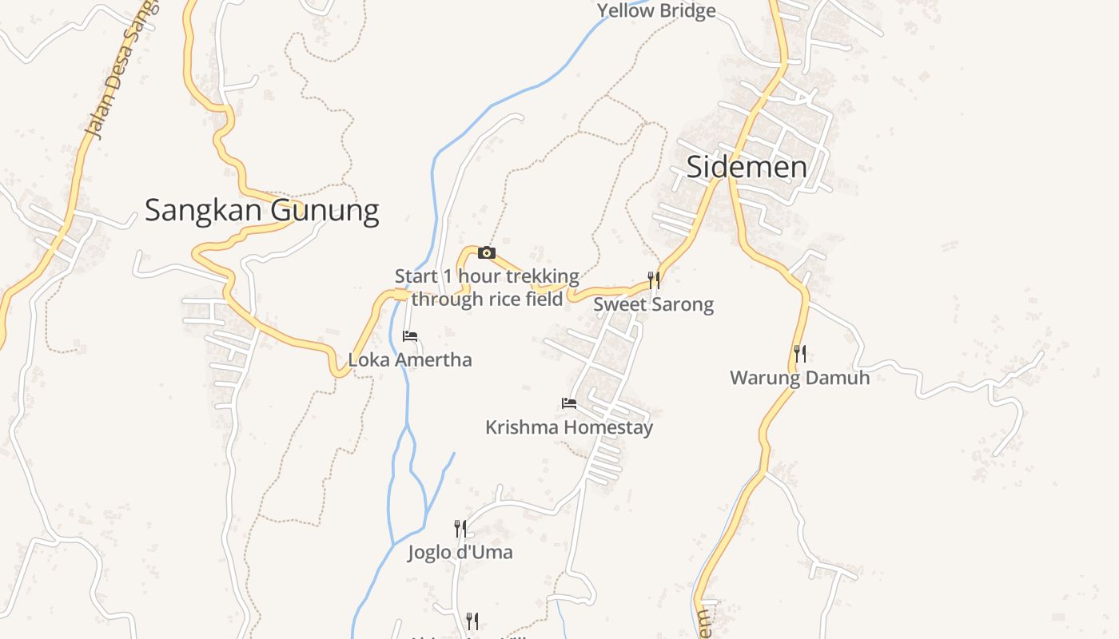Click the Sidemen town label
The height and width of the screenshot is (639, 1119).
[x=747, y=167]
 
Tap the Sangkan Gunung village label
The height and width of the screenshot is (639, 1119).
[x=261, y=210]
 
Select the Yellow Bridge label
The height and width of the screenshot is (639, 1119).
[x=656, y=10]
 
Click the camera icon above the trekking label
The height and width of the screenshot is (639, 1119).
[x=486, y=253]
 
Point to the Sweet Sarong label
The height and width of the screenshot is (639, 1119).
[x=653, y=304]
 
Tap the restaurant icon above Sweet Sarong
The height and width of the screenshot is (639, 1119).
[x=654, y=280]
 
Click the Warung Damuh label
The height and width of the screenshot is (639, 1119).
[x=799, y=377]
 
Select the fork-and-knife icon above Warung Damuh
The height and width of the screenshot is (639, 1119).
[x=799, y=353]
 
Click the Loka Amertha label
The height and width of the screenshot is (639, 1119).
[x=410, y=359]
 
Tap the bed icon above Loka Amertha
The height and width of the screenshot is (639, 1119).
[x=410, y=336]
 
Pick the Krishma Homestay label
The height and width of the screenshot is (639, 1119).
[x=569, y=427]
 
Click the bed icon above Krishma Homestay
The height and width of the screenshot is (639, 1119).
[x=569, y=403]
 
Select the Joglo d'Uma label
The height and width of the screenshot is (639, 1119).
[x=460, y=552]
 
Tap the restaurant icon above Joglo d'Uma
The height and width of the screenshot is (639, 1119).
[x=460, y=528]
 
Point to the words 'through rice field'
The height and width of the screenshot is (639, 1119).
[x=487, y=299]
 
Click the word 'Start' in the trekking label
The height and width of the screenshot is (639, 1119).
[x=416, y=276]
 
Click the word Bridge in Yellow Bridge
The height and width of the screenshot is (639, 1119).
[x=683, y=10]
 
